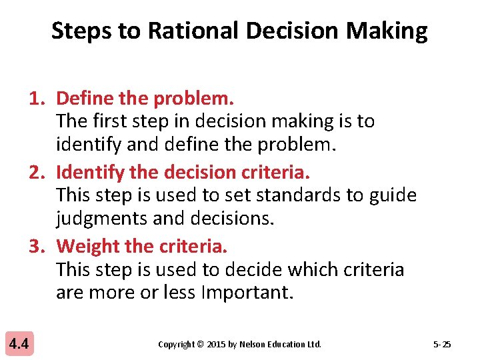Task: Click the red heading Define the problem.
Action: (x=145, y=99)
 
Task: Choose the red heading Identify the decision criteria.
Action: (x=183, y=172)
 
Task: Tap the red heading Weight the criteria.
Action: (x=142, y=246)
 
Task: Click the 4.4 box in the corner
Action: (x=19, y=344)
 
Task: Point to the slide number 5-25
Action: (x=441, y=345)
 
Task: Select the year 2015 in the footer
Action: (x=216, y=345)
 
